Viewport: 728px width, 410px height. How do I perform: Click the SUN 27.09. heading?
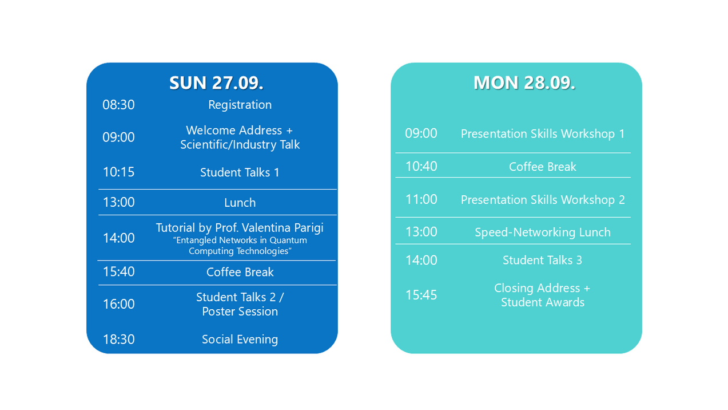tap(216, 82)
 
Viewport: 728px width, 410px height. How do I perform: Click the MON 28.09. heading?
tap(524, 82)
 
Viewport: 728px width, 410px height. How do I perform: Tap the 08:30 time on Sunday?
tap(118, 105)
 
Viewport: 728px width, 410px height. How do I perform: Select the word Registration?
tap(240, 105)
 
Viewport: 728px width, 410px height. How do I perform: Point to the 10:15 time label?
tap(118, 172)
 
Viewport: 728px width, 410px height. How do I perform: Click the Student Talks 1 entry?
tap(240, 172)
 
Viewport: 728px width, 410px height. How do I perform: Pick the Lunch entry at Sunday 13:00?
tap(240, 203)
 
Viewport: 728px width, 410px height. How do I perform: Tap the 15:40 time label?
tap(118, 271)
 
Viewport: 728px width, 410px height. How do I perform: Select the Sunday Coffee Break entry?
tap(240, 272)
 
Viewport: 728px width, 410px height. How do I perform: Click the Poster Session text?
tap(240, 312)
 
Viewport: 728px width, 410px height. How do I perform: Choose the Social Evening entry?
tap(240, 340)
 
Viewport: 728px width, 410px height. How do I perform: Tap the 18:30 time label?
tap(118, 340)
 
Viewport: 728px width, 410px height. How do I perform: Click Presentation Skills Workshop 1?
tap(543, 134)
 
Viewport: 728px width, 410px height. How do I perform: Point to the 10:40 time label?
tap(421, 166)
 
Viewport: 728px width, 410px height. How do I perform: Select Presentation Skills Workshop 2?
tap(543, 200)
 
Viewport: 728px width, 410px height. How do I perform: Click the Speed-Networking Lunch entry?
tap(543, 232)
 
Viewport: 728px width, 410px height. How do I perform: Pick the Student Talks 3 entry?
tap(542, 261)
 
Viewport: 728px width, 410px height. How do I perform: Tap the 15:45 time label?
tap(421, 295)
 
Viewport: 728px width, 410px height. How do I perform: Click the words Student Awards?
tap(543, 302)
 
